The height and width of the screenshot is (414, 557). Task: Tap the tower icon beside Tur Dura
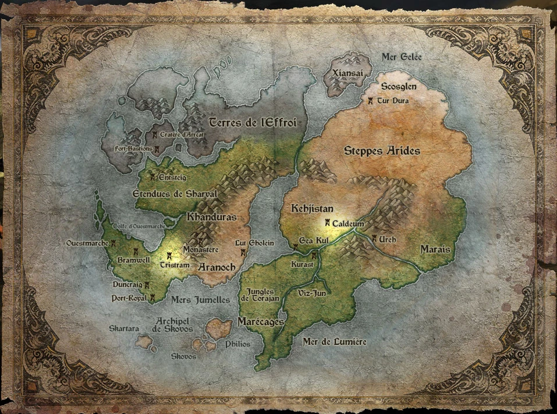(x=370, y=101)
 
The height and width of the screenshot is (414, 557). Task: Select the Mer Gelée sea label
(x=402, y=57)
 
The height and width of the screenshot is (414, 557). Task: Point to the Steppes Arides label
(x=382, y=151)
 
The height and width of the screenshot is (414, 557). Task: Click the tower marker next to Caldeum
(x=328, y=223)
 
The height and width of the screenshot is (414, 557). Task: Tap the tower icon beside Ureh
(x=374, y=238)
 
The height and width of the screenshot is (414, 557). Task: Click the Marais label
(x=435, y=249)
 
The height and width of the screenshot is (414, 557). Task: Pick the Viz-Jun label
(x=312, y=293)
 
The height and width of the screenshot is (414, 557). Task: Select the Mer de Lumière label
(x=335, y=342)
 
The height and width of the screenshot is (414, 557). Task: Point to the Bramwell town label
(x=133, y=260)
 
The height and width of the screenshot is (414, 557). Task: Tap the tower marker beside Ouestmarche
(x=114, y=243)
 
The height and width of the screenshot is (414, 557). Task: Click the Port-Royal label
(x=128, y=298)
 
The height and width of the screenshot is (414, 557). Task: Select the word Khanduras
(x=212, y=217)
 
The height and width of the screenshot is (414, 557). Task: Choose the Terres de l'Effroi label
(x=253, y=123)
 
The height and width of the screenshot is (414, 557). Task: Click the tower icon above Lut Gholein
(x=243, y=252)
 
